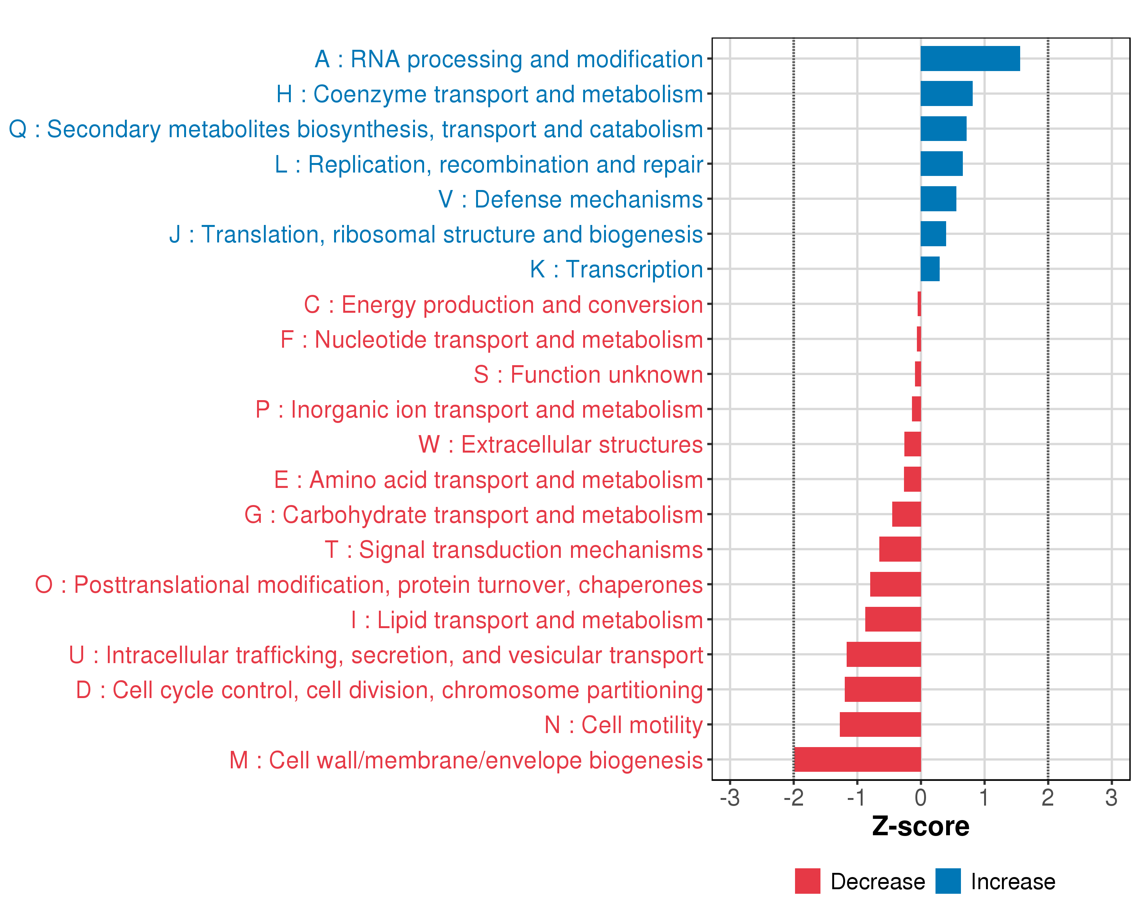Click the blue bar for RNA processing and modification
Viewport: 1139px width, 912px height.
(970, 59)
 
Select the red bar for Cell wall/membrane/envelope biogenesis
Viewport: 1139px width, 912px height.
(857, 759)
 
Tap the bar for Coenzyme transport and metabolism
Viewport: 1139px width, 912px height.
(946, 93)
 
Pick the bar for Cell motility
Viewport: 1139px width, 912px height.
(880, 724)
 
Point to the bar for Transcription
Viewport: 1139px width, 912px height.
(930, 269)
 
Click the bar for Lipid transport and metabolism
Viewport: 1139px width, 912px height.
(893, 619)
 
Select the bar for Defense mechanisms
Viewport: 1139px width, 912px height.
(938, 199)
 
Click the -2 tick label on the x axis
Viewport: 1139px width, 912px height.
(794, 797)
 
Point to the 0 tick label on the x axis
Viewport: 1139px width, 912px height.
(921, 797)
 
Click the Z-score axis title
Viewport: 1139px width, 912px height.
(920, 826)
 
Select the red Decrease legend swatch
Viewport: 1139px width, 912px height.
(807, 881)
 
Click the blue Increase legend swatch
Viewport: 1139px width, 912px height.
(948, 881)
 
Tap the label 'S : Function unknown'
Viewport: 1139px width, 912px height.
(588, 374)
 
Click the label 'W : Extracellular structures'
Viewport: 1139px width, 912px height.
(560, 445)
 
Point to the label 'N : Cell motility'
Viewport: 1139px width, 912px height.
(623, 724)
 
